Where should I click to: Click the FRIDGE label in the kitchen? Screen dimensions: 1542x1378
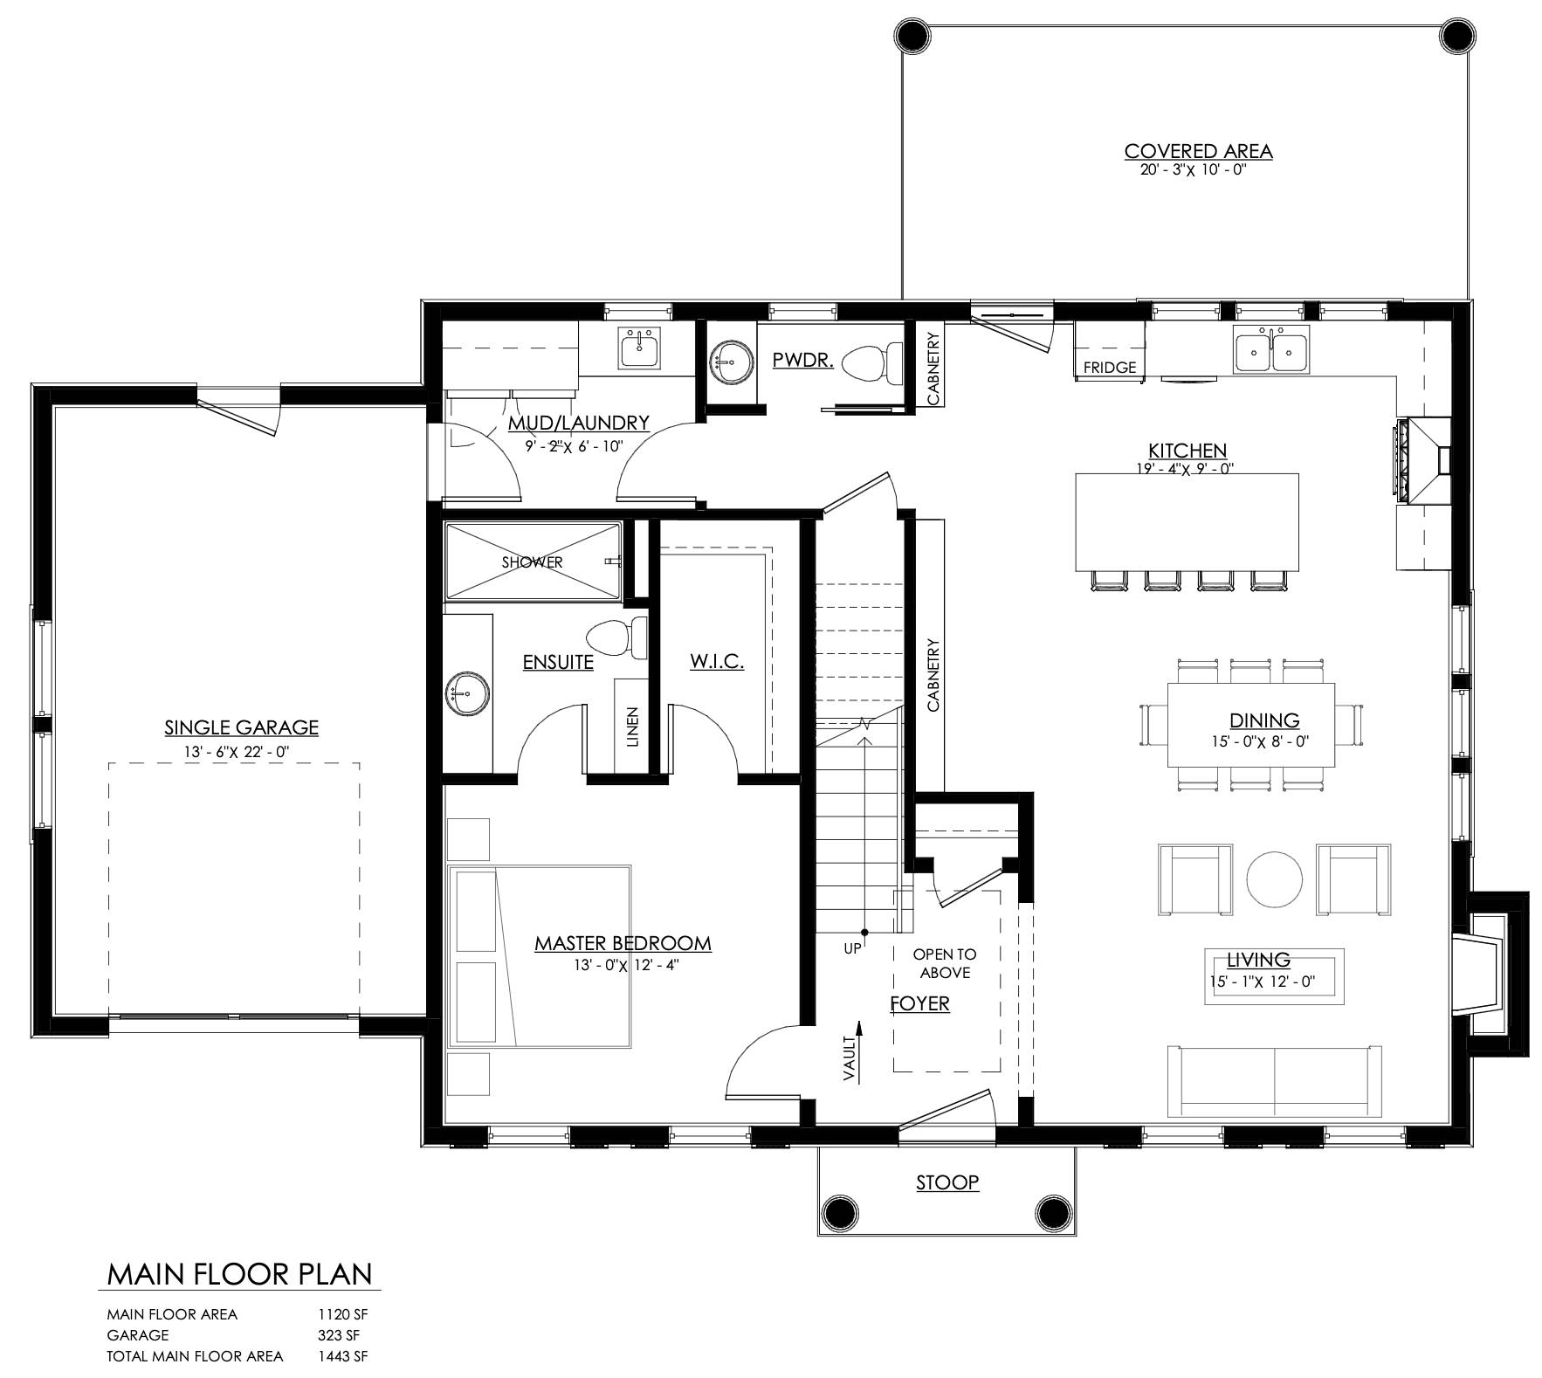(1110, 368)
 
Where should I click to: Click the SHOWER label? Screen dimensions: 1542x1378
(532, 562)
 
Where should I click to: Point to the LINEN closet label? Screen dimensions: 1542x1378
(632, 727)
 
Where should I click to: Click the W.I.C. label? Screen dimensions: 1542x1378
(717, 661)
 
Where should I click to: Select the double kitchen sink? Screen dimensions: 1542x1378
(1271, 353)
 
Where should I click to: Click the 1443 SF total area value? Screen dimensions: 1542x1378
(337, 1356)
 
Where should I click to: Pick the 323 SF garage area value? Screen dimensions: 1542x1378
(339, 1335)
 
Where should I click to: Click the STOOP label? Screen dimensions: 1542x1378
(947, 1182)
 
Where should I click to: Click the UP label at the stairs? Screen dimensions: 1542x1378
(852, 948)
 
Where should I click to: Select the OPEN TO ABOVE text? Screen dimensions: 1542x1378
(945, 963)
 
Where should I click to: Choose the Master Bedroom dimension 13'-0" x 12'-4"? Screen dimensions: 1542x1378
(623, 965)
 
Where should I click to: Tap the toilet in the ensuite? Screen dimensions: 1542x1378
(616, 637)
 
